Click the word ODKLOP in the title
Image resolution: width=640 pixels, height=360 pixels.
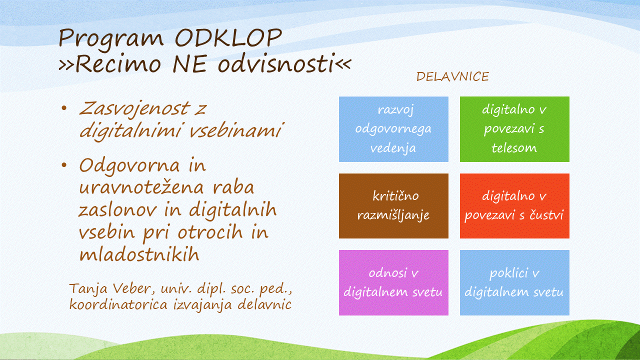click(x=228, y=38)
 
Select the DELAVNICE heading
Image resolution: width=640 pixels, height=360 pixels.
click(x=452, y=77)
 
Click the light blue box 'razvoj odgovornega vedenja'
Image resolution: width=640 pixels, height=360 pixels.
click(x=393, y=129)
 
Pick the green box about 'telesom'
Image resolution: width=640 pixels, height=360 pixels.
click(x=514, y=129)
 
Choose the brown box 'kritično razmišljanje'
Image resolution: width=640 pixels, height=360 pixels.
click(x=393, y=206)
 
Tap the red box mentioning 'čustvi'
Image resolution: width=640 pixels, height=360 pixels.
click(x=514, y=206)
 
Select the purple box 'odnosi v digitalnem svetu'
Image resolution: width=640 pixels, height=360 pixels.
click(x=393, y=283)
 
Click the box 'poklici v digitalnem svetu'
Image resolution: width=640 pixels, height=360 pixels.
click(x=514, y=283)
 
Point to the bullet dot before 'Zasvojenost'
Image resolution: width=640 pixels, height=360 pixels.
click(x=64, y=108)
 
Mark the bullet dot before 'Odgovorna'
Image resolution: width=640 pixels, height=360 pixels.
click(x=64, y=165)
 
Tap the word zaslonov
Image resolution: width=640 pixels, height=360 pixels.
click(x=117, y=210)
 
